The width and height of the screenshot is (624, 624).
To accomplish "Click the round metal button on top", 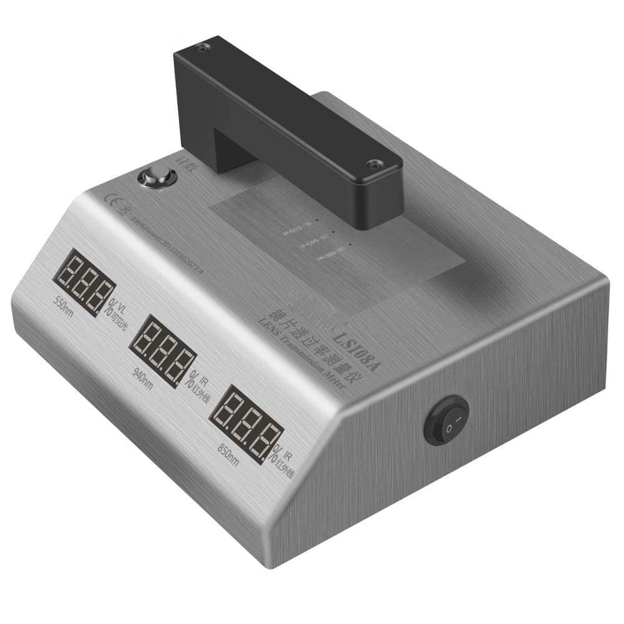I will (152, 177).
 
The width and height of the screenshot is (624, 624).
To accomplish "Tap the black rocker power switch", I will (447, 423).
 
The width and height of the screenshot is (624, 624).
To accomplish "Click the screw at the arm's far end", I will (201, 47).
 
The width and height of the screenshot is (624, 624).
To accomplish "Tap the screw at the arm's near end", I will (373, 165).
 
